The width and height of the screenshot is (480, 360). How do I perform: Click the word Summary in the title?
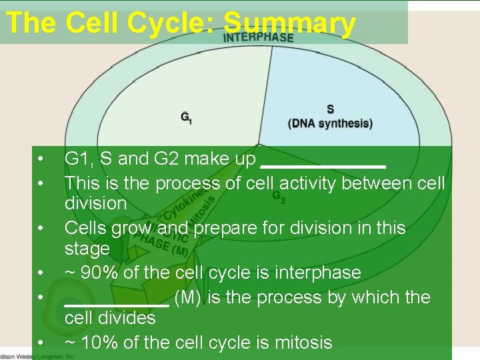[289, 23]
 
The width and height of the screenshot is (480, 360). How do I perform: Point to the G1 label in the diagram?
[187, 117]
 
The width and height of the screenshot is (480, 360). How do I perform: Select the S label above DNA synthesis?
[330, 109]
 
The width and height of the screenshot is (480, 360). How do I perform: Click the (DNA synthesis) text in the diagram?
[330, 123]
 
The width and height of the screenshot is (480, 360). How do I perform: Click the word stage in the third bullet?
[87, 249]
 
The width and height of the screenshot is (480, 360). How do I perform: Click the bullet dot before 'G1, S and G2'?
[41, 159]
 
